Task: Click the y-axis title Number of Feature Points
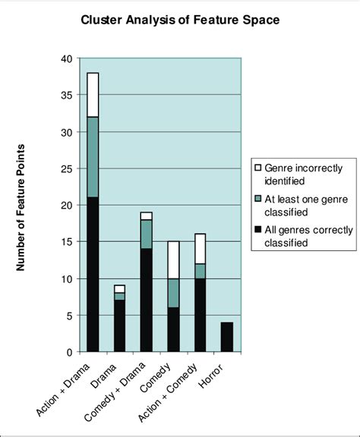pos(21,206)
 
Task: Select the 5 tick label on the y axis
pos(69,316)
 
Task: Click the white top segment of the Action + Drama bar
pos(93,95)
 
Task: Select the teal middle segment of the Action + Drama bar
pos(93,157)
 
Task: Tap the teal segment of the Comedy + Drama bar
pos(146,234)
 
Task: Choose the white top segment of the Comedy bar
pos(172,260)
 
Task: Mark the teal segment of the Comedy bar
pos(172,294)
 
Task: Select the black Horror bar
pos(226,338)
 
